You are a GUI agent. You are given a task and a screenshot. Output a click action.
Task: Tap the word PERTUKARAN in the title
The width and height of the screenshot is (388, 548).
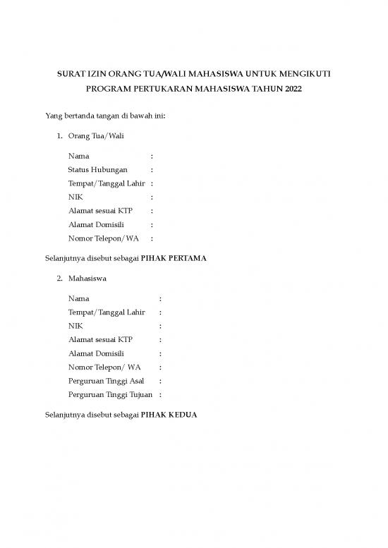[x=154, y=90]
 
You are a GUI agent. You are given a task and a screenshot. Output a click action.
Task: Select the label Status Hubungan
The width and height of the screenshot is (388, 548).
[x=97, y=170]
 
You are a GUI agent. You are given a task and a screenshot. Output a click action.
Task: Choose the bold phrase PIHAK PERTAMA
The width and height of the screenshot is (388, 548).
[x=174, y=258]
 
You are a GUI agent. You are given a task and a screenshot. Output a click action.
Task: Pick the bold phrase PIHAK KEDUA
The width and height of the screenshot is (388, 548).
[x=169, y=415]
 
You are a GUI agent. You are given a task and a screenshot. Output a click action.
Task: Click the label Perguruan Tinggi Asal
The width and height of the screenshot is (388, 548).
[x=106, y=381]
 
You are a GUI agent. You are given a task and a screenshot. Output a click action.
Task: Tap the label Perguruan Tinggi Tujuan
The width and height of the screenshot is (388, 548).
[x=110, y=394]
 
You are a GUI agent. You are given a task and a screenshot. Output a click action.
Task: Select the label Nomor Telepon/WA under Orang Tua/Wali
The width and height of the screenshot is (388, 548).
[x=103, y=238]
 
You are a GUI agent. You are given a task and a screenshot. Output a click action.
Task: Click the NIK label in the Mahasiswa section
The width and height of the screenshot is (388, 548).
[x=75, y=327]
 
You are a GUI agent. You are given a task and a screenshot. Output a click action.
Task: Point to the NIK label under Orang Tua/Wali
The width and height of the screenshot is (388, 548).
[x=75, y=197]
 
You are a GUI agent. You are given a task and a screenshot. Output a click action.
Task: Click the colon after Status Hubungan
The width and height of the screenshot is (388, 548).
[x=152, y=170]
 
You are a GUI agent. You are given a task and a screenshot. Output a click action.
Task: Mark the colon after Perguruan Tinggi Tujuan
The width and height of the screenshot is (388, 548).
[x=160, y=394]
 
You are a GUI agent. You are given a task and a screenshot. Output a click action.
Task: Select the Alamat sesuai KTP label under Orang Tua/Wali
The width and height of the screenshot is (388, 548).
[x=100, y=211]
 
